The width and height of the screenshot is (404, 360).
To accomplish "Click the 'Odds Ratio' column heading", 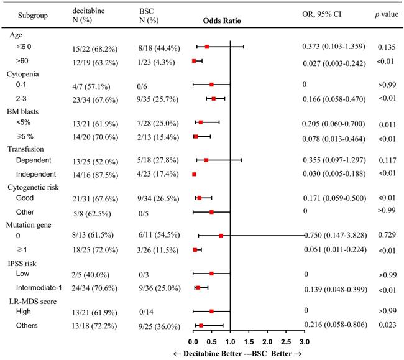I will (222, 20).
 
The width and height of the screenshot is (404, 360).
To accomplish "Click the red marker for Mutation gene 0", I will (221, 236).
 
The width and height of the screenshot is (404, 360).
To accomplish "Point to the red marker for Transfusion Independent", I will (194, 175).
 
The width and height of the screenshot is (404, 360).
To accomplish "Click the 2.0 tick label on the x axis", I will (267, 341).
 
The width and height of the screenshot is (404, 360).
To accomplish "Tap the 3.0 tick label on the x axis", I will (304, 341).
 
